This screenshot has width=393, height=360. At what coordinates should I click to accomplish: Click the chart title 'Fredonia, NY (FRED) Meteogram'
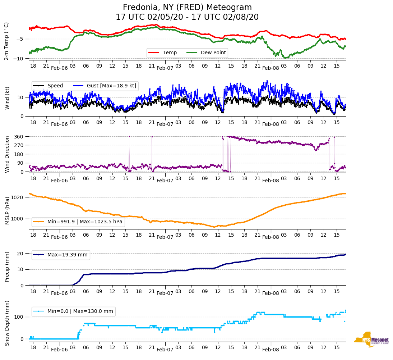tap(187, 8)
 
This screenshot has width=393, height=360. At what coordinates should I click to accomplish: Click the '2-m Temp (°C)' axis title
tap(6, 41)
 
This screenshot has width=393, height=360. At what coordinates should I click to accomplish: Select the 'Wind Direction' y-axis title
tap(7, 154)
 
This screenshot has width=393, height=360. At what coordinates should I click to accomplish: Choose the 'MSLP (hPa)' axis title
tap(7, 211)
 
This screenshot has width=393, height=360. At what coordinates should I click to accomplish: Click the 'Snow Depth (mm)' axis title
tap(7, 323)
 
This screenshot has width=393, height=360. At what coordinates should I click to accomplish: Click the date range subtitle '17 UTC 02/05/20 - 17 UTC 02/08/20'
tap(187, 17)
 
